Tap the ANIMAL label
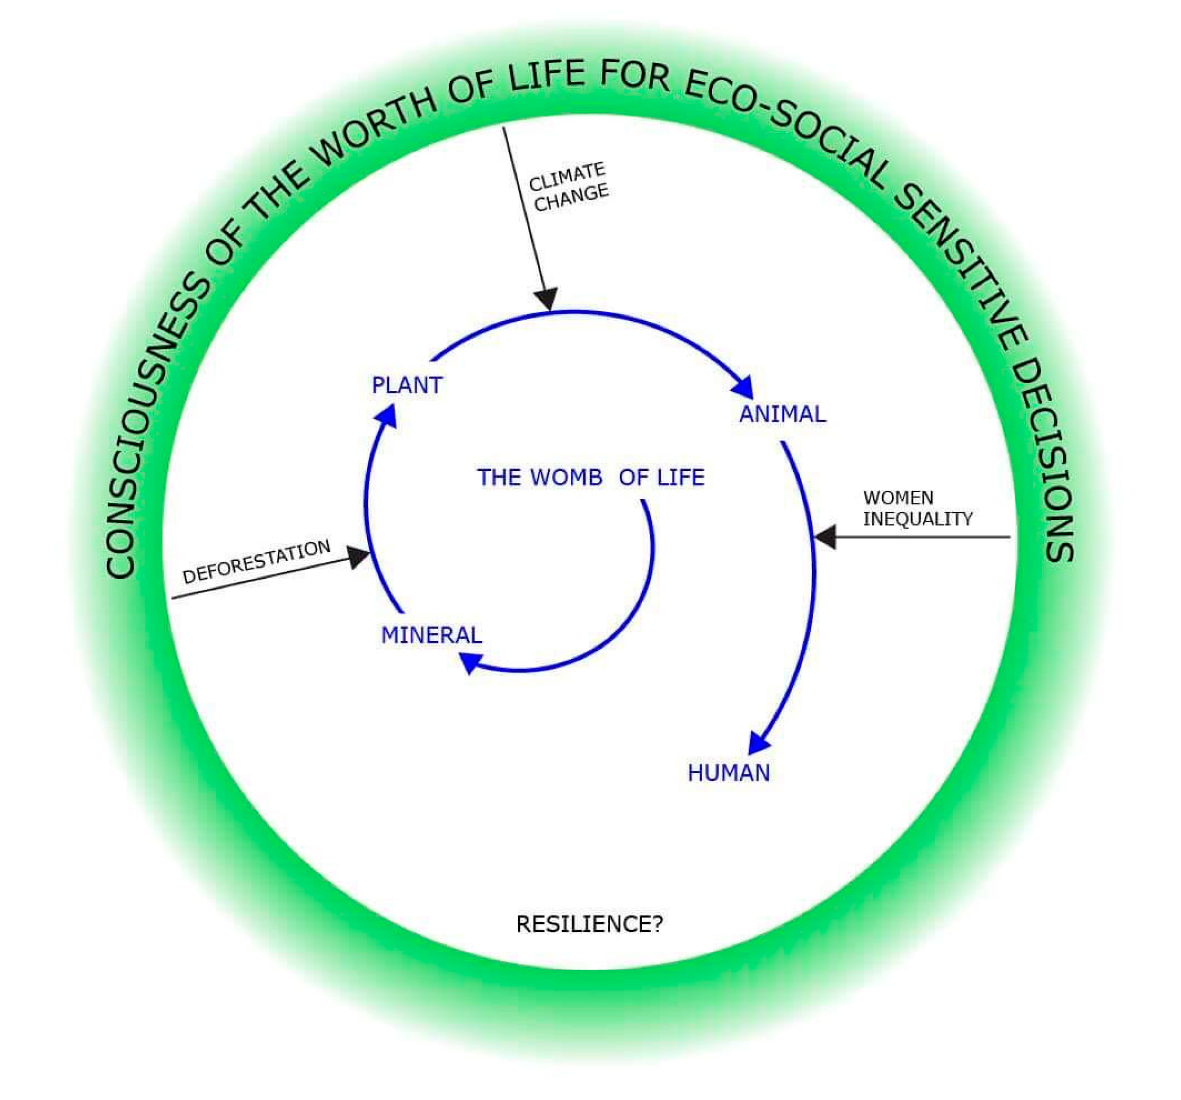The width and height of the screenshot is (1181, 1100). pos(783,414)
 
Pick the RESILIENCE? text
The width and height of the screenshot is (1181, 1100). pos(590,924)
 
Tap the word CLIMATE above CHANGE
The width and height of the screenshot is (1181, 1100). pos(568,176)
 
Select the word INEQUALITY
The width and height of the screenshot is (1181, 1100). pos(918,519)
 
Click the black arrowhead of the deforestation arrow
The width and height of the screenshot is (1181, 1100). pos(358,557)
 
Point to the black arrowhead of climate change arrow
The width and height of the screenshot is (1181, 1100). pos(546,298)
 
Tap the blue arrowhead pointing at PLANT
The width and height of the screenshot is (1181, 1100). pos(387,414)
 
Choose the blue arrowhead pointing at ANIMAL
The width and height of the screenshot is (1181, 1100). pos(743,387)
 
